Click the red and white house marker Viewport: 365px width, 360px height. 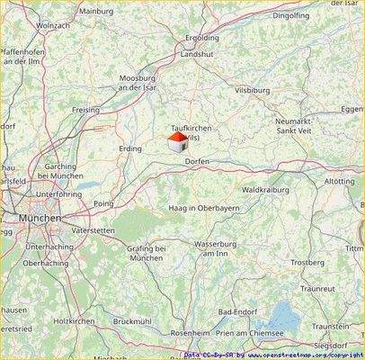click(x=178, y=142)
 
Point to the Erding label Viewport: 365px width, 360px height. click(x=130, y=148)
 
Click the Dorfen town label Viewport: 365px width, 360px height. click(x=197, y=160)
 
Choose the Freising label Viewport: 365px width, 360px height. click(x=85, y=109)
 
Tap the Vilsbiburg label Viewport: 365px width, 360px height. click(x=253, y=91)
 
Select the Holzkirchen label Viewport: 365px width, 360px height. click(x=74, y=320)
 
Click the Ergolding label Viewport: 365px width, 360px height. click(x=201, y=40)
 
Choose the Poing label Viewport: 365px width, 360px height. click(x=103, y=204)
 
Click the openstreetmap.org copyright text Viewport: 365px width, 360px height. click(x=306, y=355)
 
